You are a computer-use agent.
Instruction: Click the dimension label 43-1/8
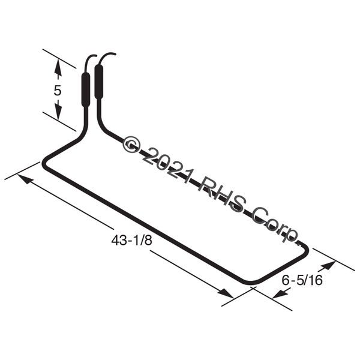[x=131, y=241]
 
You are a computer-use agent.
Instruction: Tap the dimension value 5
[x=58, y=90]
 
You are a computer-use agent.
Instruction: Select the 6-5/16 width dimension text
[x=302, y=280]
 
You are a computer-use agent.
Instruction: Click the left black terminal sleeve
[x=86, y=90]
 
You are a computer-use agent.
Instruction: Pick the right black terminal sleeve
[x=99, y=82]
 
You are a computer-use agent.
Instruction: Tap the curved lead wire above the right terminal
[x=103, y=57]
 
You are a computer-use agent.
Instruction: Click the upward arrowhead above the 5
[x=58, y=67]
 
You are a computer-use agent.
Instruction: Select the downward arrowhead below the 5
[x=58, y=112]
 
